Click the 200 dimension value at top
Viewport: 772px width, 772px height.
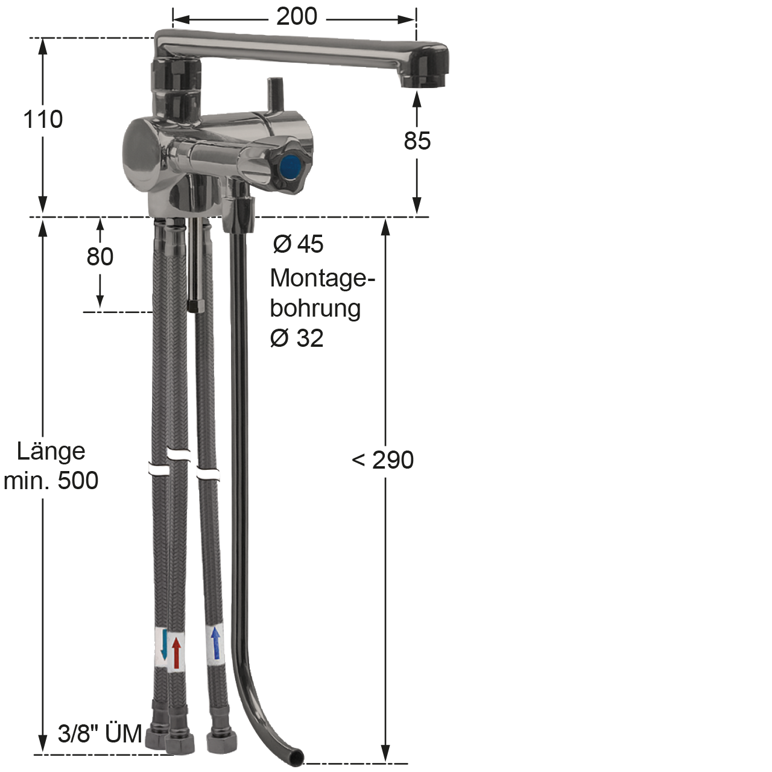pyautogui.click(x=297, y=17)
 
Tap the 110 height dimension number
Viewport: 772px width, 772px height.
pyautogui.click(x=43, y=119)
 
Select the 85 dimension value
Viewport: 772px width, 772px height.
pyautogui.click(x=417, y=141)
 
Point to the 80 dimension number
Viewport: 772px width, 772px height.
pyautogui.click(x=100, y=257)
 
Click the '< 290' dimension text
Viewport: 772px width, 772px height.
pyautogui.click(x=382, y=460)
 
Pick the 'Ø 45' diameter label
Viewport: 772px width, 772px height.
pyautogui.click(x=298, y=244)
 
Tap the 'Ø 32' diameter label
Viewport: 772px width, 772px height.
pyautogui.click(x=297, y=338)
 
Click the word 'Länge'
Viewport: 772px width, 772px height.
pyautogui.click(x=51, y=452)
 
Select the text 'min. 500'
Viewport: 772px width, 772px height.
pyautogui.click(x=51, y=481)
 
